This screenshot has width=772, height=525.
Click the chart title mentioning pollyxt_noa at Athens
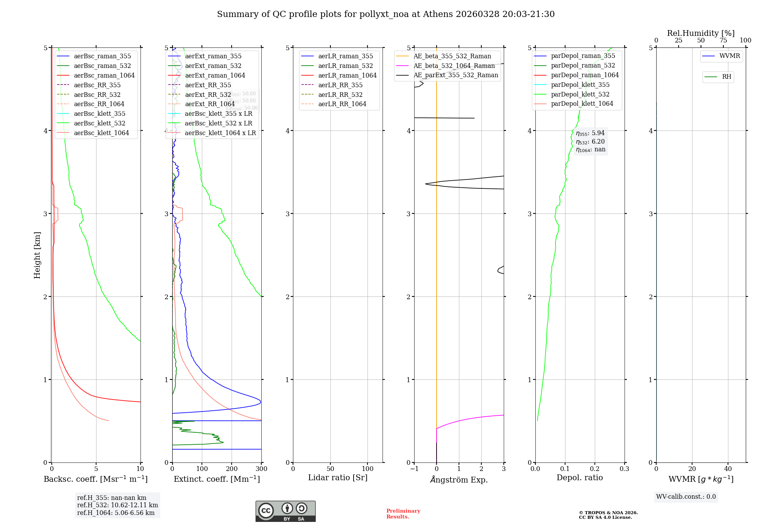pos(386,14)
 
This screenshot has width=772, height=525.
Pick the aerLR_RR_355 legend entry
pos(340,85)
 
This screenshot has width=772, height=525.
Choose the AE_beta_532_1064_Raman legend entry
pos(454,66)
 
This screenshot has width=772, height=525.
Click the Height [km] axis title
pos(37,255)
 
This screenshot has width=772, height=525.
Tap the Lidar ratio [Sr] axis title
pos(338,478)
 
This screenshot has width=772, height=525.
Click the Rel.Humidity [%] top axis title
pos(701,33)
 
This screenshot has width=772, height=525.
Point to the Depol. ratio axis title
pos(579,478)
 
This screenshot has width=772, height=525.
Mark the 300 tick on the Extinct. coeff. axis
pos(262,469)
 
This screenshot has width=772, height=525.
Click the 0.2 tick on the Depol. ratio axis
pos(595,469)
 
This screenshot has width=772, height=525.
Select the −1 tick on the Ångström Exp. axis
pos(414,469)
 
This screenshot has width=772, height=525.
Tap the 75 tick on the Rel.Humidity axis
pos(723,41)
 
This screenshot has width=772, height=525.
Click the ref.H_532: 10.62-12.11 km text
pos(117,505)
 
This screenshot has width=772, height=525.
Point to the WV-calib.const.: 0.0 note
pos(686,497)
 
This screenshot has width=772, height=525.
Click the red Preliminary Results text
pos(403,514)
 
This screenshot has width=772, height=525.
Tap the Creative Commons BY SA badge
pos(285,511)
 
